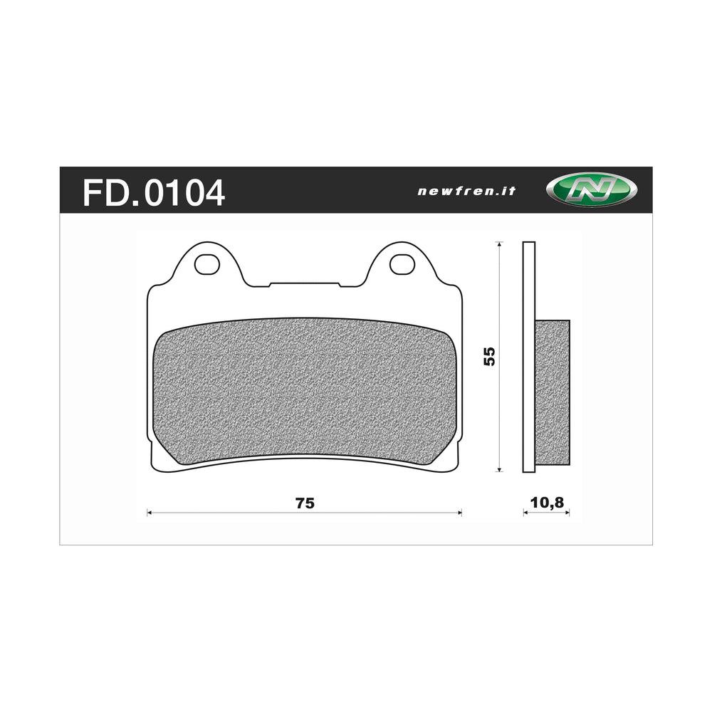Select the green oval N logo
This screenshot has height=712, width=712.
coord(591,191)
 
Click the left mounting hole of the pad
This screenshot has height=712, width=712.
coord(207,263)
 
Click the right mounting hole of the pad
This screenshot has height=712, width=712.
coord(402,263)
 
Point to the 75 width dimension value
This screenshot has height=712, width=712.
coord(305,503)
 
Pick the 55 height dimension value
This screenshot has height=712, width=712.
coord(488,356)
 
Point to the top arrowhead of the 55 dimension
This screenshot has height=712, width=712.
coord(500,245)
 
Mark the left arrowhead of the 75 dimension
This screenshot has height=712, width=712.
coord(150,512)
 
